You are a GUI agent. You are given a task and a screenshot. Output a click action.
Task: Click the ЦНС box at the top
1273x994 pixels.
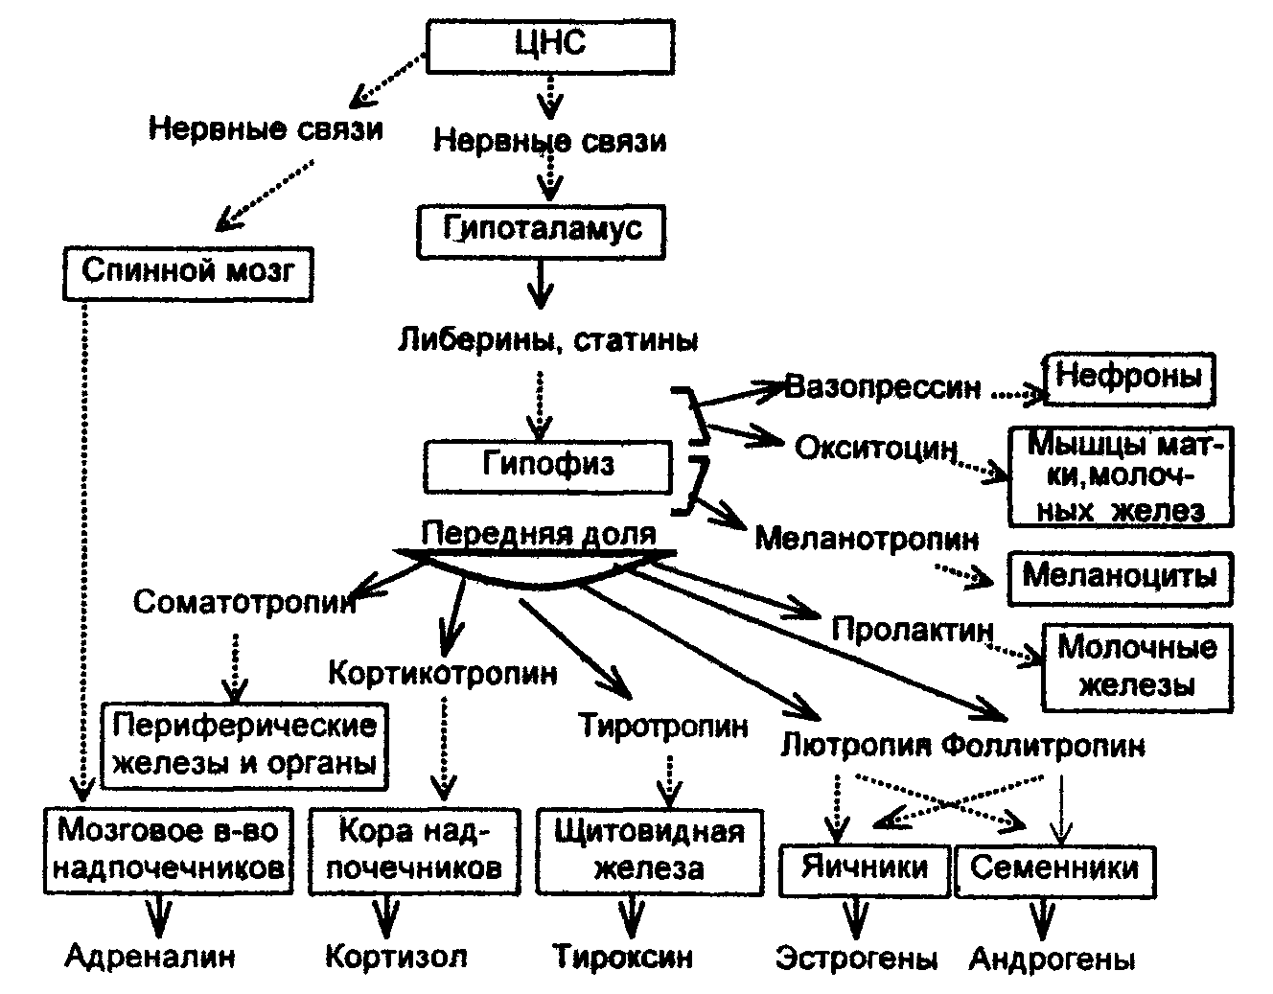pos(549,46)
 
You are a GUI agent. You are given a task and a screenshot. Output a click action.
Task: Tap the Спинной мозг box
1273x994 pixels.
pos(188,272)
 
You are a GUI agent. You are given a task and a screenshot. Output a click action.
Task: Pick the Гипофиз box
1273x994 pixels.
pos(547,466)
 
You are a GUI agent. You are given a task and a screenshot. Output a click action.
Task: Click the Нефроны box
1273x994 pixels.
pos(1128,378)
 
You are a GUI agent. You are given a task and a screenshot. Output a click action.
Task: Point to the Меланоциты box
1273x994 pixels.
pos(1120,577)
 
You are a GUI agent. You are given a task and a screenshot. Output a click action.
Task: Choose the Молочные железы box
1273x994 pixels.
pos(1137,667)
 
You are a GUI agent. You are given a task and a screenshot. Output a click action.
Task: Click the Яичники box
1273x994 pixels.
pos(865,868)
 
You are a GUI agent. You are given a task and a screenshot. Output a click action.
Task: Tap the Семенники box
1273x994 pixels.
pos(1054,868)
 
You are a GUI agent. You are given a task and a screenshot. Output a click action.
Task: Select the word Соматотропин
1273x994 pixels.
pos(244,602)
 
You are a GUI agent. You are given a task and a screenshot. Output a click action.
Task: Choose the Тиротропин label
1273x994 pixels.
pos(663,726)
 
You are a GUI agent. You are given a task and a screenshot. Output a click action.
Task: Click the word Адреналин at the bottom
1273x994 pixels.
pos(151,956)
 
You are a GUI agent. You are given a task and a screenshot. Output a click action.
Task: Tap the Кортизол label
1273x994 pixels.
pos(397,956)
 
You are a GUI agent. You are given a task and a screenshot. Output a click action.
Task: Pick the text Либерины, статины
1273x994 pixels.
pos(547,339)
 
